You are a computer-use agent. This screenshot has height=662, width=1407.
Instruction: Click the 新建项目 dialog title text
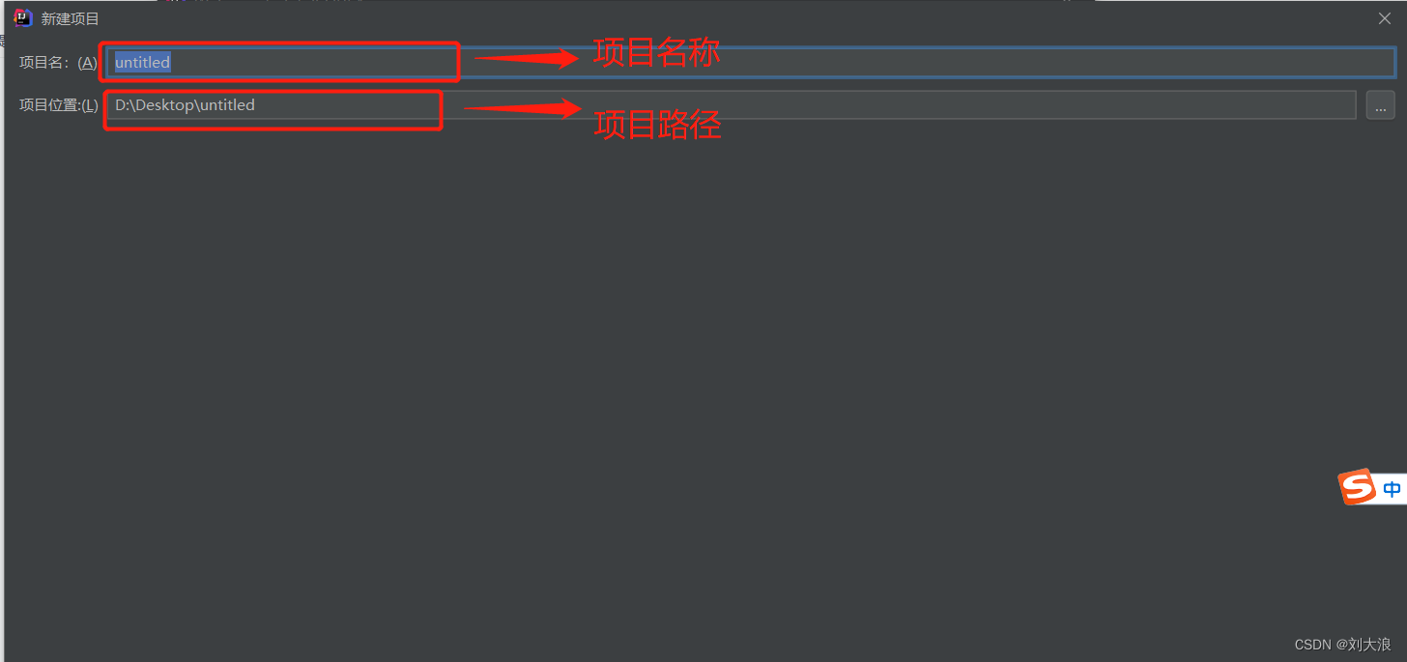click(x=71, y=19)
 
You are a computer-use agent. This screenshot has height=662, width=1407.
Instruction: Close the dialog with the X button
click(x=1385, y=18)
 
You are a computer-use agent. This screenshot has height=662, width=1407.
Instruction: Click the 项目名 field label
click(x=44, y=63)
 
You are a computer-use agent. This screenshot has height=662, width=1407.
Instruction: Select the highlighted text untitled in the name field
click(x=142, y=63)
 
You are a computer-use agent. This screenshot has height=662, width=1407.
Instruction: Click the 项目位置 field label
click(x=48, y=104)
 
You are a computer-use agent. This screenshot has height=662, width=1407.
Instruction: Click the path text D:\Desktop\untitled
click(x=185, y=104)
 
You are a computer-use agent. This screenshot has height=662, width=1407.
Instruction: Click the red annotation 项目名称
click(x=657, y=53)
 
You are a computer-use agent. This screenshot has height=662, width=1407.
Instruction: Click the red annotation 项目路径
click(x=657, y=125)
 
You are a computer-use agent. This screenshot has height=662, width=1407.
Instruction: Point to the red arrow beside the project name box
click(x=527, y=59)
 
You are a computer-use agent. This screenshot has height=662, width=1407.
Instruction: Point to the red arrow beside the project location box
click(x=522, y=107)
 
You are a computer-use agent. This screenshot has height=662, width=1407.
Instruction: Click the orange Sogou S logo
click(x=1357, y=487)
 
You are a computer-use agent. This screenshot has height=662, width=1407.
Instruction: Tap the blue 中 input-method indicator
click(x=1392, y=490)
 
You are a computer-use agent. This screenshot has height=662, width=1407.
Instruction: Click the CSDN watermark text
click(x=1313, y=645)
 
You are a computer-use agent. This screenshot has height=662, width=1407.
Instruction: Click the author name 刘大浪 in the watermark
click(x=1369, y=645)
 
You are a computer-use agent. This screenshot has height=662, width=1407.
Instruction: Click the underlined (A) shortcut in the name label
click(x=88, y=63)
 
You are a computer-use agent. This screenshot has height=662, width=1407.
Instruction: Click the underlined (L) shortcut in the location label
click(x=89, y=104)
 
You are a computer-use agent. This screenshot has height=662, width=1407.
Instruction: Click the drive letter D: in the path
click(x=122, y=104)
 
